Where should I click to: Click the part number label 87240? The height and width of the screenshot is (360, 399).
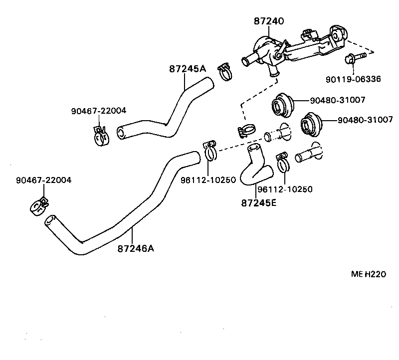point(268,21)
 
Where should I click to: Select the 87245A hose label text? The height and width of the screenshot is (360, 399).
point(188,69)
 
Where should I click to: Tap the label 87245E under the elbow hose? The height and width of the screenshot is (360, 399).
point(258,203)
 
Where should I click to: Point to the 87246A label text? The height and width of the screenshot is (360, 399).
point(136,248)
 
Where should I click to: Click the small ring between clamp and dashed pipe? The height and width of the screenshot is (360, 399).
point(268,136)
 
